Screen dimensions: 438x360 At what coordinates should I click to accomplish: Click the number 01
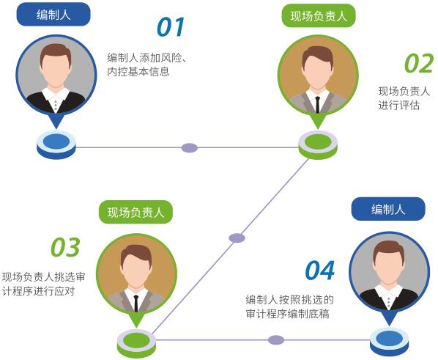(x=171, y=27)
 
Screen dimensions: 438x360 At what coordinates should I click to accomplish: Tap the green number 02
(x=419, y=63)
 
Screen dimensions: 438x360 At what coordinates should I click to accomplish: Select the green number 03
(x=65, y=247)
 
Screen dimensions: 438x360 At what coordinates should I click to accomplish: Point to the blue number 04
(x=320, y=271)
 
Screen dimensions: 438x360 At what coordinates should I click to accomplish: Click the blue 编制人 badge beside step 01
(x=53, y=14)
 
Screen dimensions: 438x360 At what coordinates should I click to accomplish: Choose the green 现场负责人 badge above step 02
(x=319, y=16)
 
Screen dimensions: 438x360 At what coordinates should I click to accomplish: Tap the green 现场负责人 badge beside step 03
(x=136, y=212)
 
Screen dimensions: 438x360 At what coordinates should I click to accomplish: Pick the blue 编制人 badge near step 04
(x=388, y=209)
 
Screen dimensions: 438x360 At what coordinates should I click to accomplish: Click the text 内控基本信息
(x=138, y=72)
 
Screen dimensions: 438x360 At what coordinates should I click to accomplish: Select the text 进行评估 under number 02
(x=399, y=106)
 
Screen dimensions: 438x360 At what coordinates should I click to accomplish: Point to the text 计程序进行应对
(x=38, y=291)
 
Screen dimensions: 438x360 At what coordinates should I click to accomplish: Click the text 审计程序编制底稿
(x=287, y=314)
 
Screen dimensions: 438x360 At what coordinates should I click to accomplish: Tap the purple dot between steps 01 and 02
(x=190, y=147)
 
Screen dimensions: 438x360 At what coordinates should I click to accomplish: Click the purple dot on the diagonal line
(x=237, y=238)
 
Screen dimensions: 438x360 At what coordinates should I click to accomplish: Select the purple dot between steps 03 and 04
(x=276, y=340)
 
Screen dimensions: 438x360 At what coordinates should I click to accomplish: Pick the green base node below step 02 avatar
(x=318, y=144)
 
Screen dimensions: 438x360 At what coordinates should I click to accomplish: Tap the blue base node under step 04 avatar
(x=389, y=342)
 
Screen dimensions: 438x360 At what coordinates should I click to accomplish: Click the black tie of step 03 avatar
(x=136, y=304)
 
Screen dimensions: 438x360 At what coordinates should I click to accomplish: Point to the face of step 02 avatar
(x=318, y=72)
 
